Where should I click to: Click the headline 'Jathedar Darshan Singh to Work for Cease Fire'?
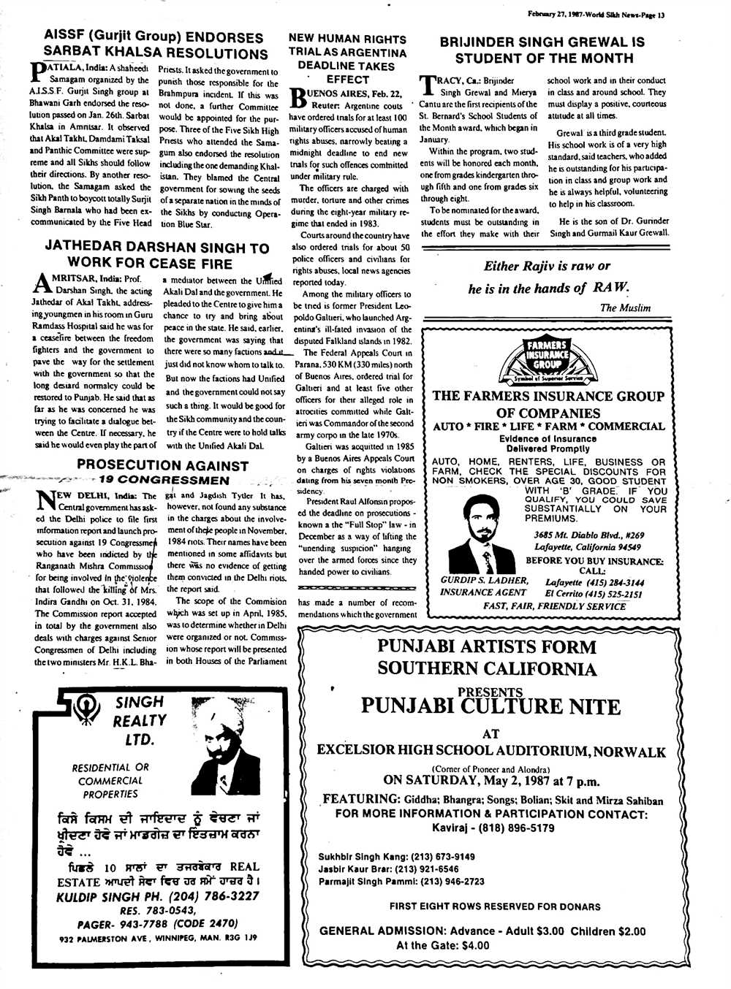pos(157,256)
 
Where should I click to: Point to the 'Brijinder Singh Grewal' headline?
pos(542,50)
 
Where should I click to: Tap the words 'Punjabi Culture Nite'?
pos(490,706)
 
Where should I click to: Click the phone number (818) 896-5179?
pos(519,828)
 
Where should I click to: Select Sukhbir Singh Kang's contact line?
pos(396,857)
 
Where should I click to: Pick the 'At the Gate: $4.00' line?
pos(442,945)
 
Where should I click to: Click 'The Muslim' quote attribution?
pos(625,308)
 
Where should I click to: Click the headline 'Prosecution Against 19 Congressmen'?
pos(162,473)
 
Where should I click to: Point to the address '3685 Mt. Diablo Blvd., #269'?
pos(588,535)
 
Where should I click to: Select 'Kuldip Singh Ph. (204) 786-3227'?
pos(157,896)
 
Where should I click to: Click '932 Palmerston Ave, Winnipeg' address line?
pos(157,937)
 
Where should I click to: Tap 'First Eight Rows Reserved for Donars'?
pos(495,906)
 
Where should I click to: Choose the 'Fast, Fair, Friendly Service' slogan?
pos(554,606)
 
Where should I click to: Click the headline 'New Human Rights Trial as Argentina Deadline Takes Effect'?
pos(347,58)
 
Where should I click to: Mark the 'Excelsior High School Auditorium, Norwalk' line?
pos(491,751)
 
